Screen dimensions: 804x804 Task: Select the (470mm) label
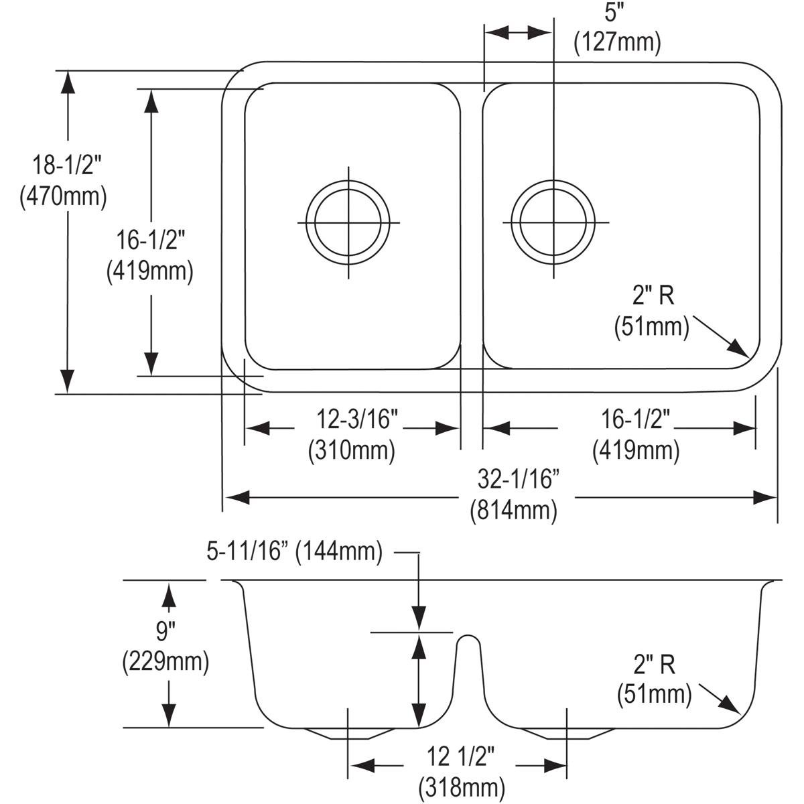coord(64,196)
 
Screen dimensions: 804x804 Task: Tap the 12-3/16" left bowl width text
coord(357,419)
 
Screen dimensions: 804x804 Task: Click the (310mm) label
coord(351,450)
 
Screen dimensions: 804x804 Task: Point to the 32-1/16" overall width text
coord(518,480)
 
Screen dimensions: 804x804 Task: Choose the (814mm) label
coord(513,511)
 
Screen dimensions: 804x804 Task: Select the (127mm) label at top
coord(616,42)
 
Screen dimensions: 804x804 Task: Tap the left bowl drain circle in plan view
coord(348,222)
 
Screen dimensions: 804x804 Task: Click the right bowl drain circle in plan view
coord(553,222)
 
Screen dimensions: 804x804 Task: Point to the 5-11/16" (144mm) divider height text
coord(295,552)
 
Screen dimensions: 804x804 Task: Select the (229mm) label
coord(165,662)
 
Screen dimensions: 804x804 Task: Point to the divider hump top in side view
coord(469,636)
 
